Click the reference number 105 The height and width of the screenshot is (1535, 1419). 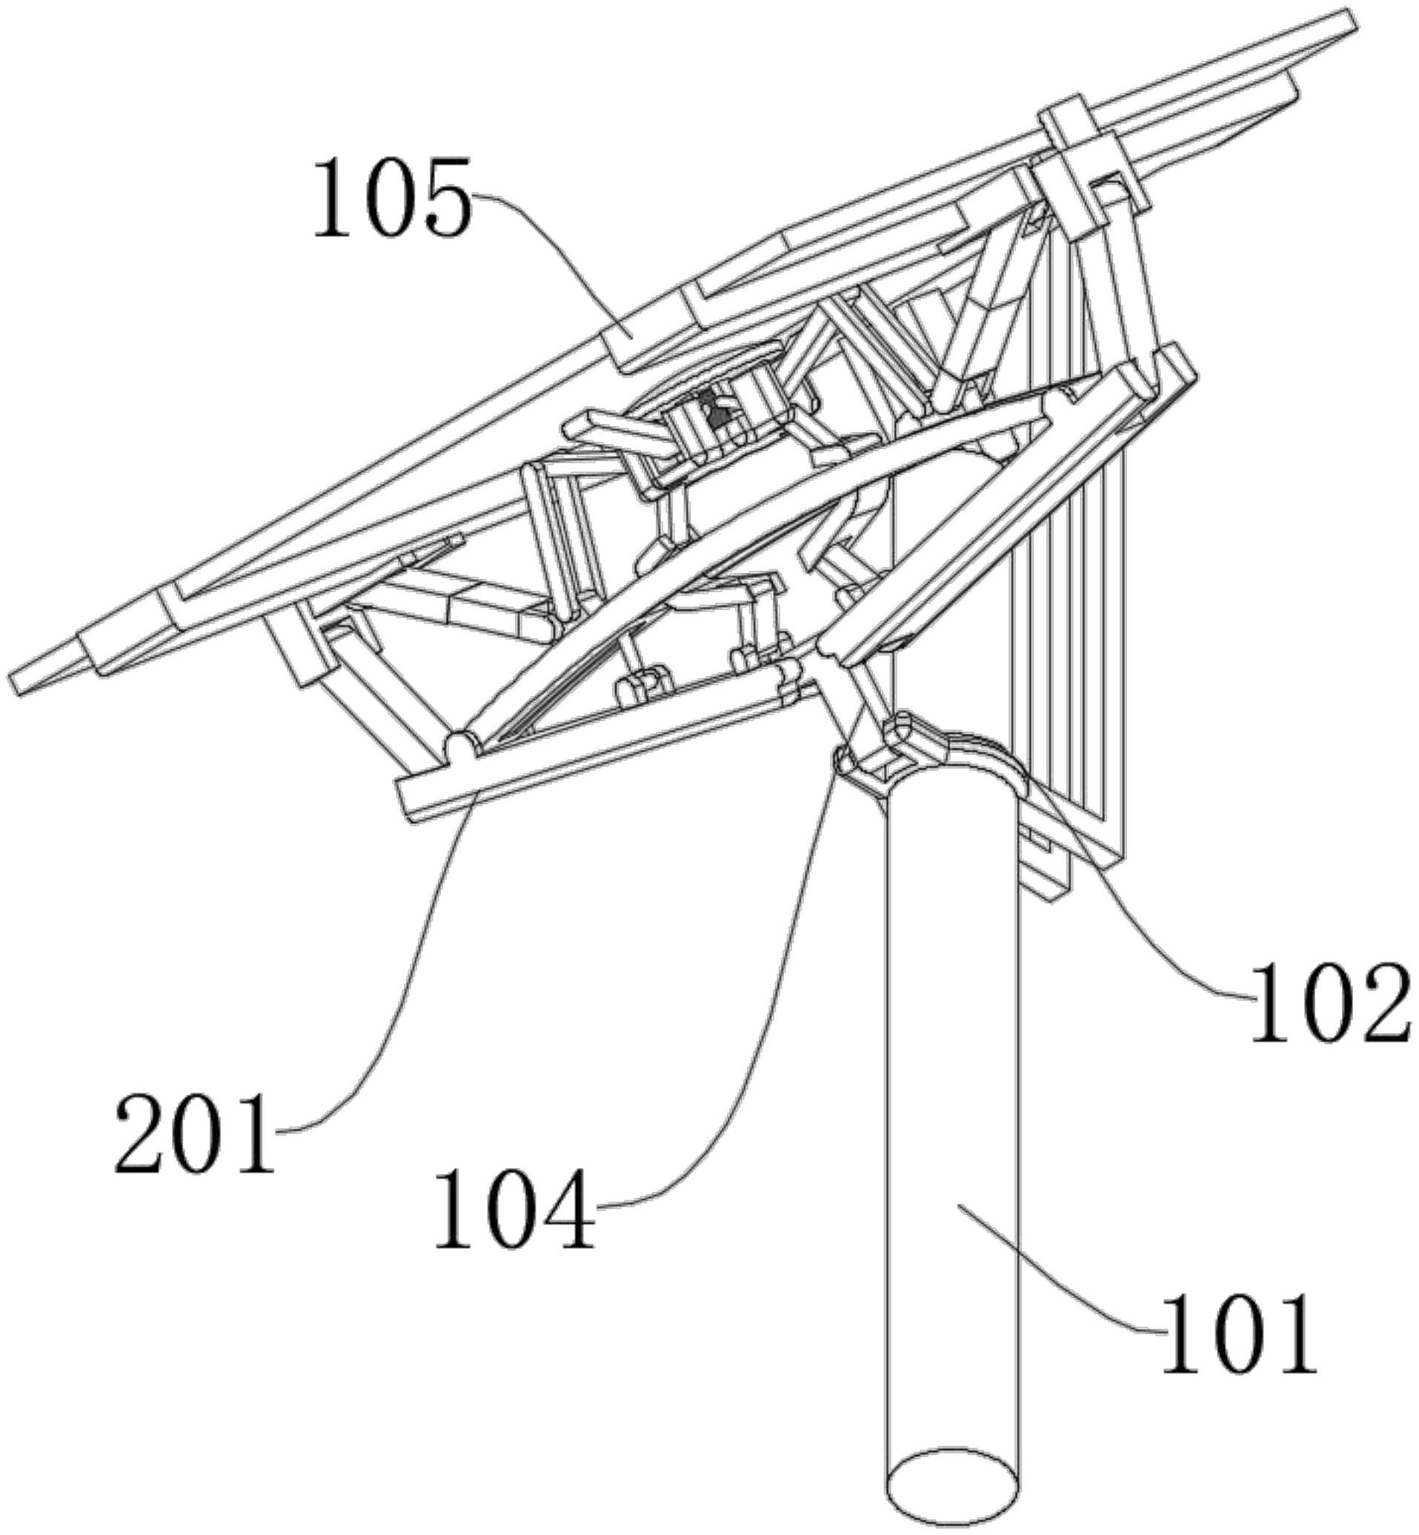[x=391, y=198]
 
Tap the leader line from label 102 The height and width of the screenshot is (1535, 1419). [x=1152, y=921]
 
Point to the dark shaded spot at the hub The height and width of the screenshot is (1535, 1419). [x=718, y=414]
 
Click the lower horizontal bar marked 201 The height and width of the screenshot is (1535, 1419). [x=599, y=729]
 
